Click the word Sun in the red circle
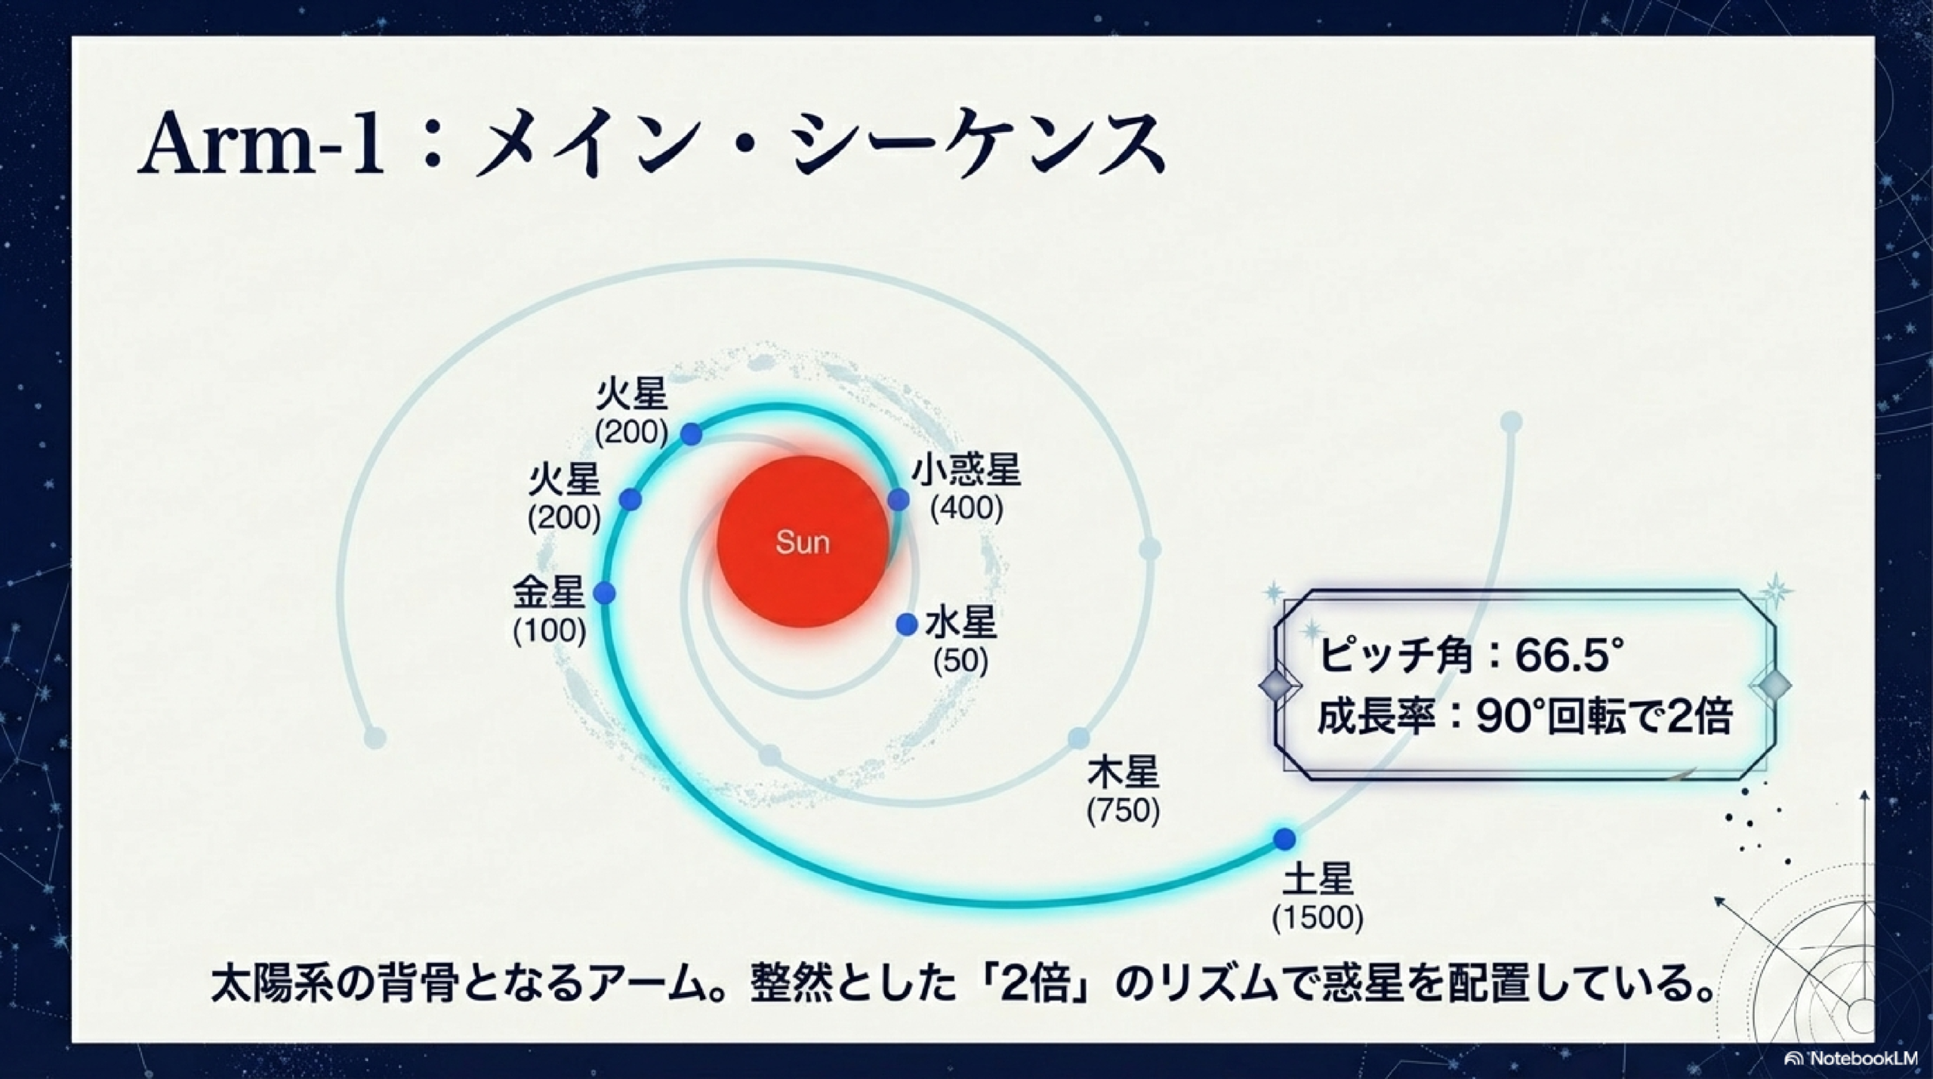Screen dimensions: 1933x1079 click(803, 542)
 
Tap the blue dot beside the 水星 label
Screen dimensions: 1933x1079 click(906, 624)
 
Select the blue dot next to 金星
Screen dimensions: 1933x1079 click(604, 593)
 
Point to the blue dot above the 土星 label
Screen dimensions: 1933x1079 click(1284, 839)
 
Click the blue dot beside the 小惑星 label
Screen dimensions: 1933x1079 click(898, 499)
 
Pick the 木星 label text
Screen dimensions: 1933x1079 click(1123, 774)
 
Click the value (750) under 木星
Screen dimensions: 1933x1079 click(1123, 811)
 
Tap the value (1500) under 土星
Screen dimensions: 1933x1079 click(1318, 917)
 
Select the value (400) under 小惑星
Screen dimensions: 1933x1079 click(966, 508)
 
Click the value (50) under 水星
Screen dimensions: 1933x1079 click(960, 661)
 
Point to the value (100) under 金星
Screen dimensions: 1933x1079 click(550, 630)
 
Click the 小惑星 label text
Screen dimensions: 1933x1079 click(966, 470)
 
